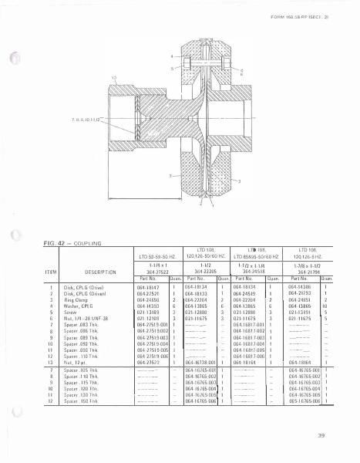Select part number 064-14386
pyautogui.click(x=300, y=285)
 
